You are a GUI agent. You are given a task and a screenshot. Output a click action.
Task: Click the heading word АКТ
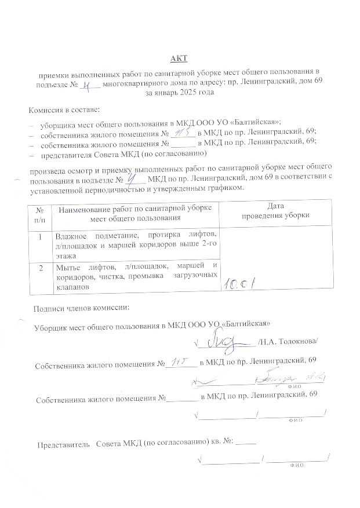click(x=179, y=59)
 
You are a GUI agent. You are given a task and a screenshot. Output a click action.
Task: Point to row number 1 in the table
click(x=39, y=237)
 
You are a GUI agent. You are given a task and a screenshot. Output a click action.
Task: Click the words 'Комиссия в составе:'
click(x=64, y=109)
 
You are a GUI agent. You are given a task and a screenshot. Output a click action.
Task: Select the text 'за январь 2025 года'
click(x=180, y=92)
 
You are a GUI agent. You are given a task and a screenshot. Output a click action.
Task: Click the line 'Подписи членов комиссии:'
click(x=82, y=307)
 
